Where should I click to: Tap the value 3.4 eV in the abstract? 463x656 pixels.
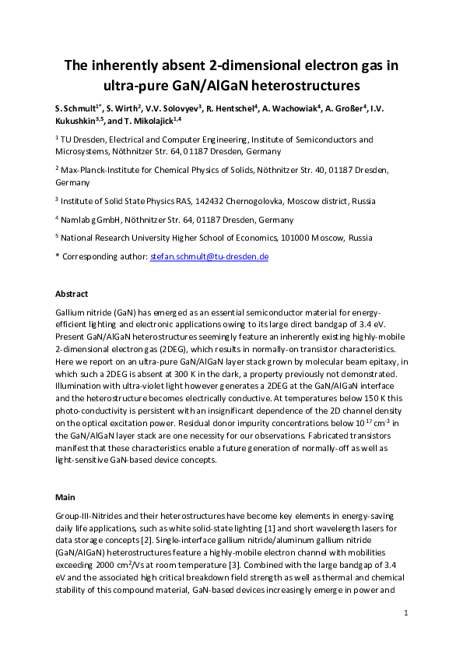pos(385,323)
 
